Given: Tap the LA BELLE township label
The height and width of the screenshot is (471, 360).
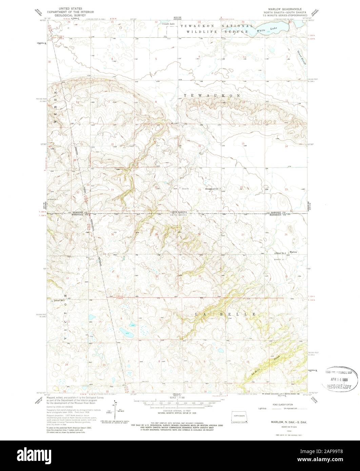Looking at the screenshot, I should pyautogui.click(x=225, y=314).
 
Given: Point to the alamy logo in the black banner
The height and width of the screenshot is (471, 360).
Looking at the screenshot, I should pyautogui.click(x=179, y=456).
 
